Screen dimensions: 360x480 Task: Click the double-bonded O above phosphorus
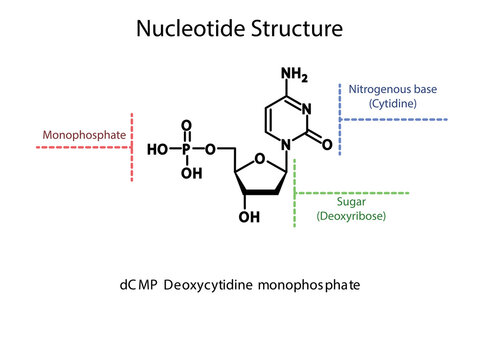(x=186, y=126)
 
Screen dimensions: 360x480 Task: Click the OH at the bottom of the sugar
(x=248, y=215)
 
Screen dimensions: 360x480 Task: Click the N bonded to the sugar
(x=286, y=145)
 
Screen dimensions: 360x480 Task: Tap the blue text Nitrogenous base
(x=393, y=89)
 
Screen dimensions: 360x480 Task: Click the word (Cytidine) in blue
(x=393, y=103)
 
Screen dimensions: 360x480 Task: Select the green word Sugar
(x=352, y=201)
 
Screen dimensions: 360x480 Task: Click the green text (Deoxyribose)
(x=352, y=215)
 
